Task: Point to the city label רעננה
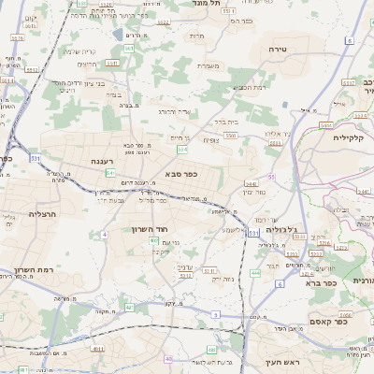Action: coord(102,160)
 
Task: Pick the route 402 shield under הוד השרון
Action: coord(153,240)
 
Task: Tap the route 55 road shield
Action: coord(272,176)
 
